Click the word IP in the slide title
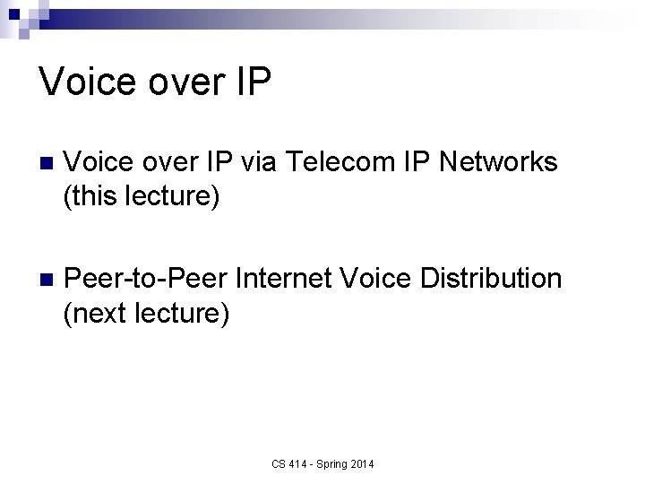point(252,82)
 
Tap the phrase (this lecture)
point(141,195)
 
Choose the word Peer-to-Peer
point(147,279)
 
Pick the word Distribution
point(492,279)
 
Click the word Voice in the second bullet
point(382,279)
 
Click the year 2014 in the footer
point(364,464)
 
